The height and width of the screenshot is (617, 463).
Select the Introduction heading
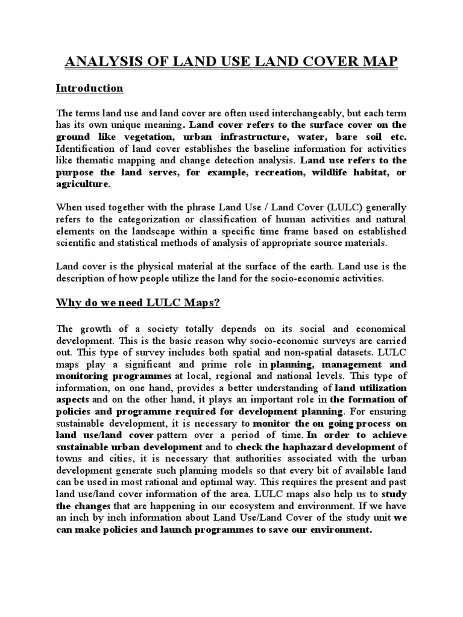coord(89,88)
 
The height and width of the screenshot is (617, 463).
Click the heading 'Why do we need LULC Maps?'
coord(138,302)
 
